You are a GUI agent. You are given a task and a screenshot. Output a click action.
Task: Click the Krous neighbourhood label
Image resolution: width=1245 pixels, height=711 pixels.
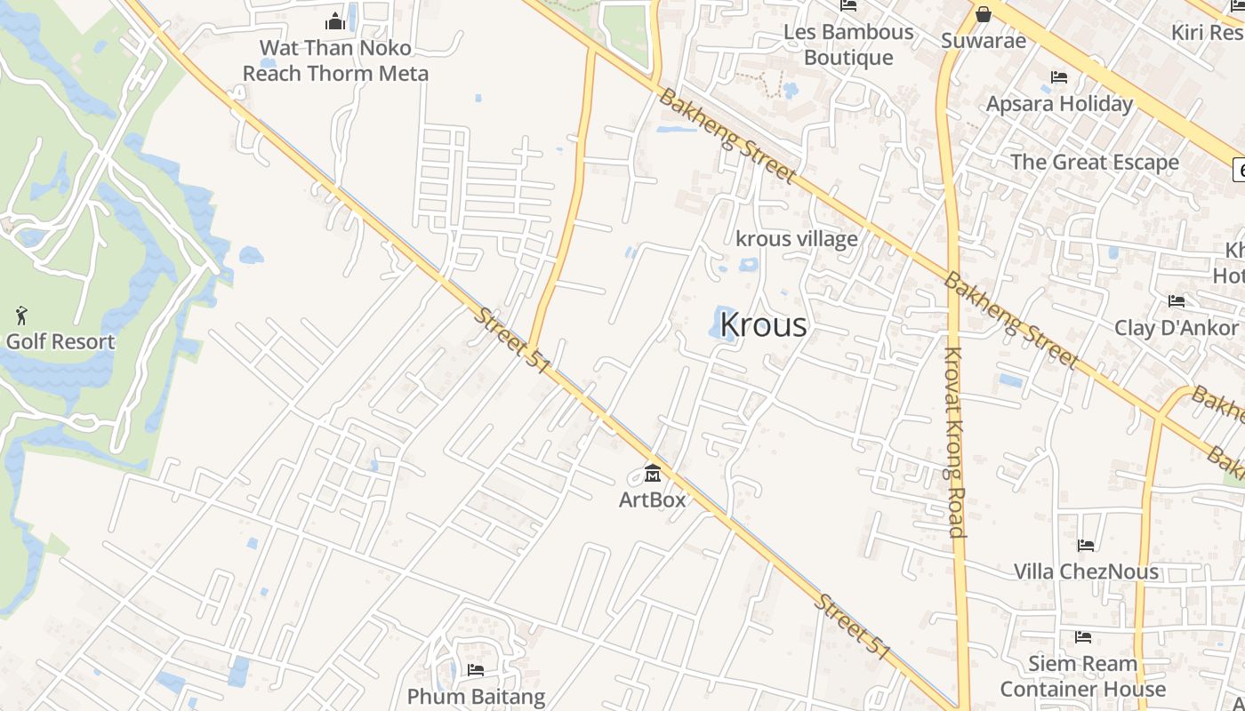763,325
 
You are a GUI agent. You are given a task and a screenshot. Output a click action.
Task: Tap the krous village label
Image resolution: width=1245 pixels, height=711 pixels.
797,238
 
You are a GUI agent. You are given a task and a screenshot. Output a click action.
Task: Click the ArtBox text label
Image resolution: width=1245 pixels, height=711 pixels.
653,499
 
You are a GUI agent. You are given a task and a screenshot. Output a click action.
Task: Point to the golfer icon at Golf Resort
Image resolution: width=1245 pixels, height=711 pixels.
21,316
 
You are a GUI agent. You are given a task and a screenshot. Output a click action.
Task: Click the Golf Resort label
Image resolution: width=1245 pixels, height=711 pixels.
60,341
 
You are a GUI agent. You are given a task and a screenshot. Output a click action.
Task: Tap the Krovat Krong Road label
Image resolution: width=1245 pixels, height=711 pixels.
954,442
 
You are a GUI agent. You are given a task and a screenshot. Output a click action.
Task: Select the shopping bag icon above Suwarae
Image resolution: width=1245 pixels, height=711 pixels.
984,14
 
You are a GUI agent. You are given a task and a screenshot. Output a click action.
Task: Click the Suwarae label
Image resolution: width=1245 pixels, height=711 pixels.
984,41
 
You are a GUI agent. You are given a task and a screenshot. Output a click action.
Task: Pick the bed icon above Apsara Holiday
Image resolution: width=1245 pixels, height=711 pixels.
1059,77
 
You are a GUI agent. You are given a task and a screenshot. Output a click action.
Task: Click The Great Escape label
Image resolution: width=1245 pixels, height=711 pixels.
1095,162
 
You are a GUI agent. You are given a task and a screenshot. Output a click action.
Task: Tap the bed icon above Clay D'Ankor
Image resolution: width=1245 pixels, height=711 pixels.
1177,301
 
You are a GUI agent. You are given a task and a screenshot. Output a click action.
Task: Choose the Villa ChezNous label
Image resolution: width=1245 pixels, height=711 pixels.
1087,571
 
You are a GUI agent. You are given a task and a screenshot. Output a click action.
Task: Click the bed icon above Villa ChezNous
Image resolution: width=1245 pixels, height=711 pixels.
1086,545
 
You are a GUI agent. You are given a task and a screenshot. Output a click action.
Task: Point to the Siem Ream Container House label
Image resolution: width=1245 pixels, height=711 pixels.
1083,676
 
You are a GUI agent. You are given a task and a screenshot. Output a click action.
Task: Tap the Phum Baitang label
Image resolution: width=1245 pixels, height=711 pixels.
477,697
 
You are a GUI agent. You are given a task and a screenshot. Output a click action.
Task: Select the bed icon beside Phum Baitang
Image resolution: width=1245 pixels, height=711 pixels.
476,670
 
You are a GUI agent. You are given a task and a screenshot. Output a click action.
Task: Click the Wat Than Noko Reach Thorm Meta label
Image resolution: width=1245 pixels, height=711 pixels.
336,60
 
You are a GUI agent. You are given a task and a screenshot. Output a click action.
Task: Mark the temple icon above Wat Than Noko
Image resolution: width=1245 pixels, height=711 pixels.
335,20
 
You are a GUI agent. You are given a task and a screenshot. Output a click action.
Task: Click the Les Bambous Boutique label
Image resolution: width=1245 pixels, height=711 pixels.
848,44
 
